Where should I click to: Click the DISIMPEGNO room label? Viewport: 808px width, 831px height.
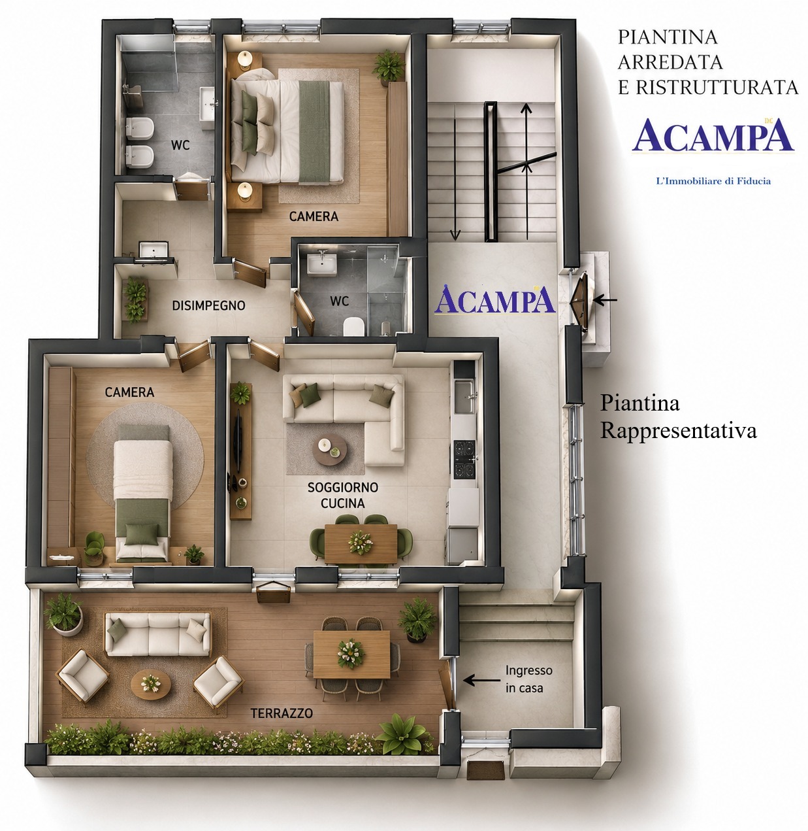pyautogui.click(x=208, y=305)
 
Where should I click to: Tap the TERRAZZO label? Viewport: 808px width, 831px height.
pyautogui.click(x=282, y=713)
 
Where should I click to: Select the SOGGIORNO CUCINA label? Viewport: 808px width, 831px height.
pyautogui.click(x=342, y=495)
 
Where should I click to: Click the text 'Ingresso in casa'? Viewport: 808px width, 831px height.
pyautogui.click(x=528, y=679)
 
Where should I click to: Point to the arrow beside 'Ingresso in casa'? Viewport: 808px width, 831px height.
pyautogui.click(x=482, y=680)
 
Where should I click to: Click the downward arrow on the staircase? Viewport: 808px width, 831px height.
pyautogui.click(x=455, y=179)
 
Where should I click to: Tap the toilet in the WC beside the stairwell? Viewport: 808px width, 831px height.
pyautogui.click(x=353, y=327)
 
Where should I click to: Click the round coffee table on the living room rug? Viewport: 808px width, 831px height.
pyautogui.click(x=329, y=449)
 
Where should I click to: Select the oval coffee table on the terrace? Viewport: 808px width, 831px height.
pyautogui.click(x=151, y=684)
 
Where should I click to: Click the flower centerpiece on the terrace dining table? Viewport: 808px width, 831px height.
pyautogui.click(x=351, y=653)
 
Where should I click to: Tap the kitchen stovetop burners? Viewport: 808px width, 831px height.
pyautogui.click(x=464, y=459)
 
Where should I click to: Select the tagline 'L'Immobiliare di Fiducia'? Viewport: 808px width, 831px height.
pyautogui.click(x=713, y=181)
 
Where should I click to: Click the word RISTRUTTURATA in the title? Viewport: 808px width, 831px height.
pyautogui.click(x=717, y=88)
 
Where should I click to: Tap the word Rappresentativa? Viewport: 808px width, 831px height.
pyautogui.click(x=678, y=430)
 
